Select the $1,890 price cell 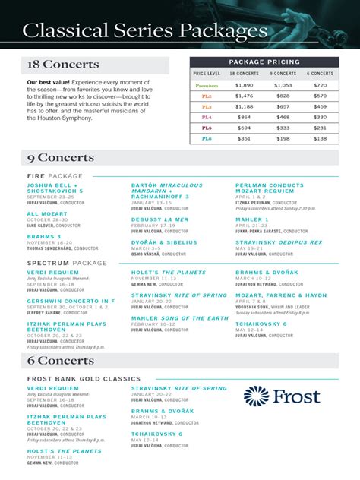pos(244,86)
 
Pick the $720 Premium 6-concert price pos(320,86)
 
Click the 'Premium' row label pos(207,86)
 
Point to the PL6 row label pos(207,139)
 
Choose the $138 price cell pos(320,139)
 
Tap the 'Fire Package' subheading pos(55,176)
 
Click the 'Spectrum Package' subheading pos(67,263)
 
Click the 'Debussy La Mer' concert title pos(159,219)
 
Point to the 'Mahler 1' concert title pos(251,219)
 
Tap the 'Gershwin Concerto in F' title pos(71,301)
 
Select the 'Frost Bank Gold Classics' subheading pos(84,378)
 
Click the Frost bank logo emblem pos(256,396)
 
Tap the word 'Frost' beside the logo pos(297,396)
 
